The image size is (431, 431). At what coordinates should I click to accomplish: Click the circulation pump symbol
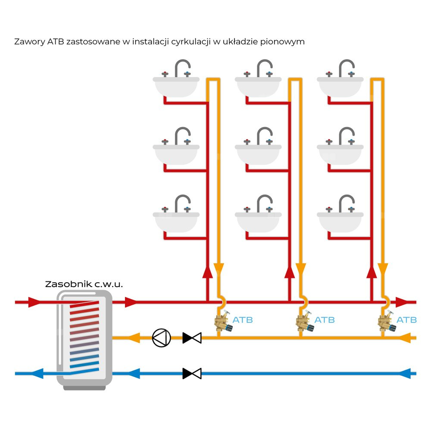tap(162, 337)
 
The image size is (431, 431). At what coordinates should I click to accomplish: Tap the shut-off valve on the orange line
tap(192, 337)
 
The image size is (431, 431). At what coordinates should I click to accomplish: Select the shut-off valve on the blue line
tap(192, 373)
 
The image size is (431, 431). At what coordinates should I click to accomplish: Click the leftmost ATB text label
tap(243, 320)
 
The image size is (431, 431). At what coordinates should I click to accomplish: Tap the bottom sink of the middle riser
tap(258, 220)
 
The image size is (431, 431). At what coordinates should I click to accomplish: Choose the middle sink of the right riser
tap(340, 153)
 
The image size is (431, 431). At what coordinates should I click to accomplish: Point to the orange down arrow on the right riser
tap(382, 269)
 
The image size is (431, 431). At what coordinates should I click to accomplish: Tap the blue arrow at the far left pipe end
tap(37, 373)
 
